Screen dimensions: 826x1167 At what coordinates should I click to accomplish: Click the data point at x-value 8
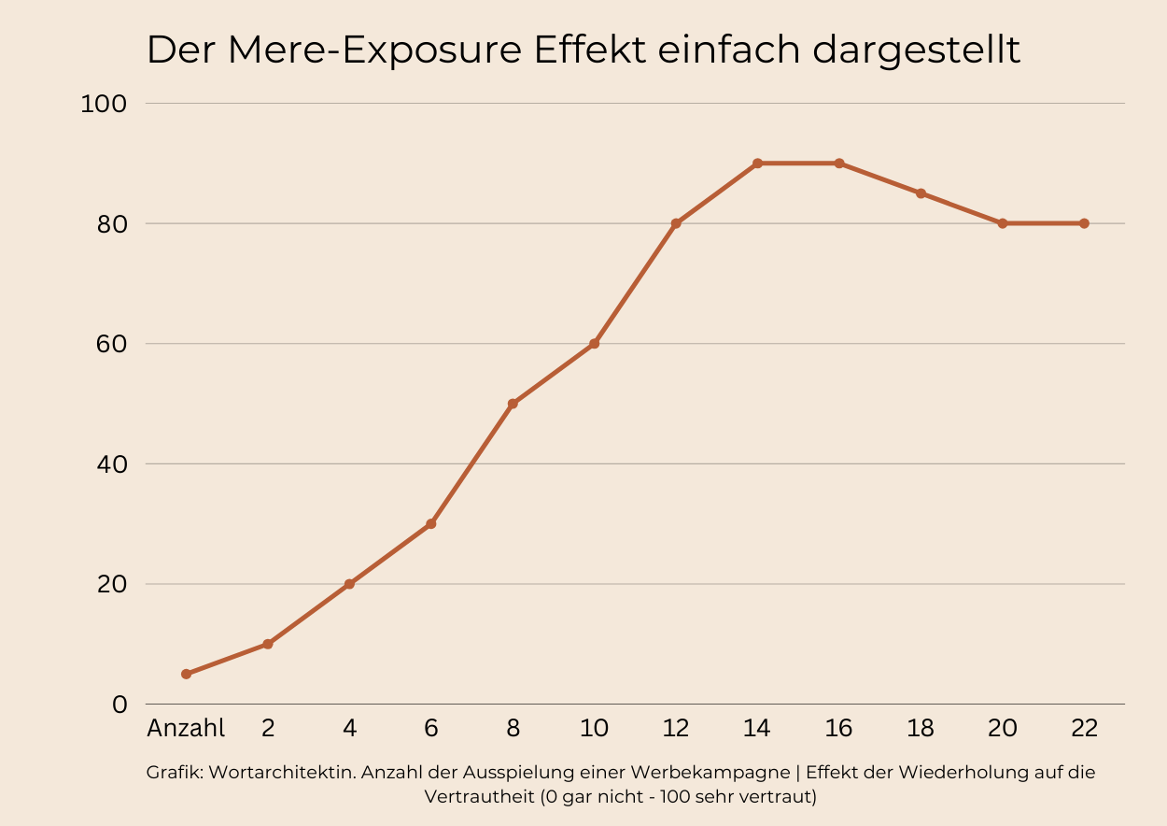513,404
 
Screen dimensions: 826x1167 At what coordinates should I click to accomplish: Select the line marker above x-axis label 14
757,164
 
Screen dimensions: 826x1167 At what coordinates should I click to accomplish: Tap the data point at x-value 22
1084,223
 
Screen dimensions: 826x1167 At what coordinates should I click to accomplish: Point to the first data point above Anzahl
187,674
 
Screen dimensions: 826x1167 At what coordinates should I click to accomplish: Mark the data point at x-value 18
921,193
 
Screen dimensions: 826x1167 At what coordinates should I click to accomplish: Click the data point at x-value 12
676,223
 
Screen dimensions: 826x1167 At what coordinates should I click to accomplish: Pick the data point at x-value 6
431,523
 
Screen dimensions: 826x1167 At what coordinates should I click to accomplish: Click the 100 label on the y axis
104,104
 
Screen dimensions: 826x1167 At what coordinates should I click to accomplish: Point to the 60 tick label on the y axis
108,344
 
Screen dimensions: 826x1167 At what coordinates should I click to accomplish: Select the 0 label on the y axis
119,705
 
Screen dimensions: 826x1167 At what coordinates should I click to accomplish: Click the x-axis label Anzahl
186,729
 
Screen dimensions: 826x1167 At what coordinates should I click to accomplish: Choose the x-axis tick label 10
594,729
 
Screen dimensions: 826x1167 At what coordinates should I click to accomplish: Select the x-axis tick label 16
838,729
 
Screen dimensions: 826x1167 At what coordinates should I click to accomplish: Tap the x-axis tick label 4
349,729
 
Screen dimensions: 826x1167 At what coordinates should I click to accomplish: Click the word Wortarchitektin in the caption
282,773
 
